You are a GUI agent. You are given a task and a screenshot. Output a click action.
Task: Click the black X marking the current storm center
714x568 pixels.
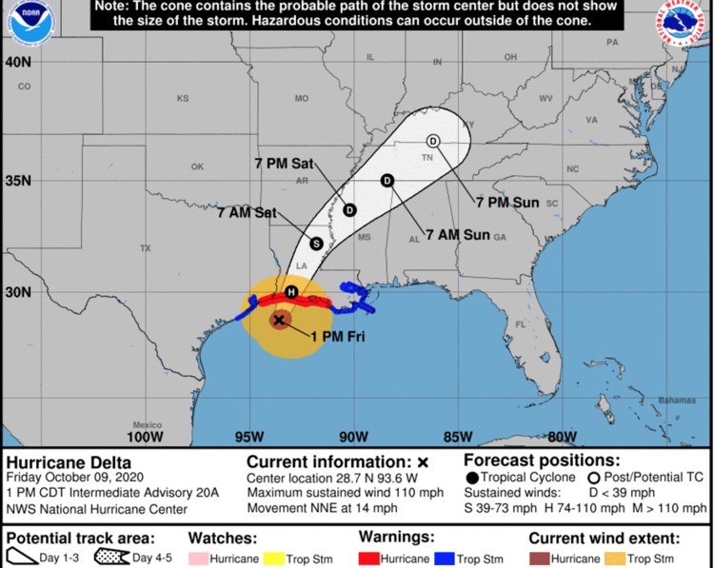pyautogui.click(x=279, y=321)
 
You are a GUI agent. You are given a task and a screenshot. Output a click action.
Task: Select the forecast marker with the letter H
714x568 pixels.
pyautogui.click(x=291, y=291)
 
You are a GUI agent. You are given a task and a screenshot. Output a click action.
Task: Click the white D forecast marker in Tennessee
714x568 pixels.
pyautogui.click(x=433, y=141)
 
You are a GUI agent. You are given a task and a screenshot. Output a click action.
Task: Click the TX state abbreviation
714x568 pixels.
pyautogui.click(x=146, y=248)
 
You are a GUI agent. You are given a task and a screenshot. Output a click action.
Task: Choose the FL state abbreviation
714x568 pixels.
pyautogui.click(x=521, y=324)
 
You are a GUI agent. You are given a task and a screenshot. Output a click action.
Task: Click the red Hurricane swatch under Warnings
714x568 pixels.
pyautogui.click(x=369, y=558)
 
